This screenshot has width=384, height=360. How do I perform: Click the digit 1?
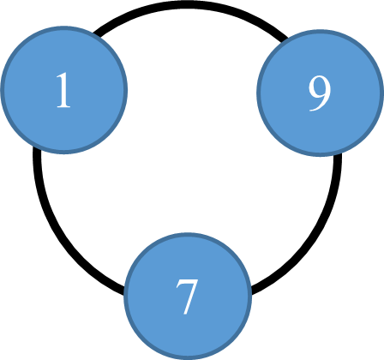(63, 90)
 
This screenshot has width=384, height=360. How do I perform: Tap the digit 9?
(320, 93)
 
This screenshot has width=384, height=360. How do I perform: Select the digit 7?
(187, 297)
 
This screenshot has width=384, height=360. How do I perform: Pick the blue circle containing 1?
(64, 90)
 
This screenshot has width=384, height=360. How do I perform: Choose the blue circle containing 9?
(320, 93)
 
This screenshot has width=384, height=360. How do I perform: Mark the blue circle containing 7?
(188, 297)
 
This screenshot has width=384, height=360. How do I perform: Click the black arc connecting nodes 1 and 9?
(188, 5)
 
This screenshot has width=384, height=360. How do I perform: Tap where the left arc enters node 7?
(124, 290)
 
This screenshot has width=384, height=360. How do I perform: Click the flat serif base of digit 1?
(63, 106)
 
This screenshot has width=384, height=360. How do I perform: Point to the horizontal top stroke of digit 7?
(187, 282)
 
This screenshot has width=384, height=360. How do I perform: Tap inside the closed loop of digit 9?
(319, 88)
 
